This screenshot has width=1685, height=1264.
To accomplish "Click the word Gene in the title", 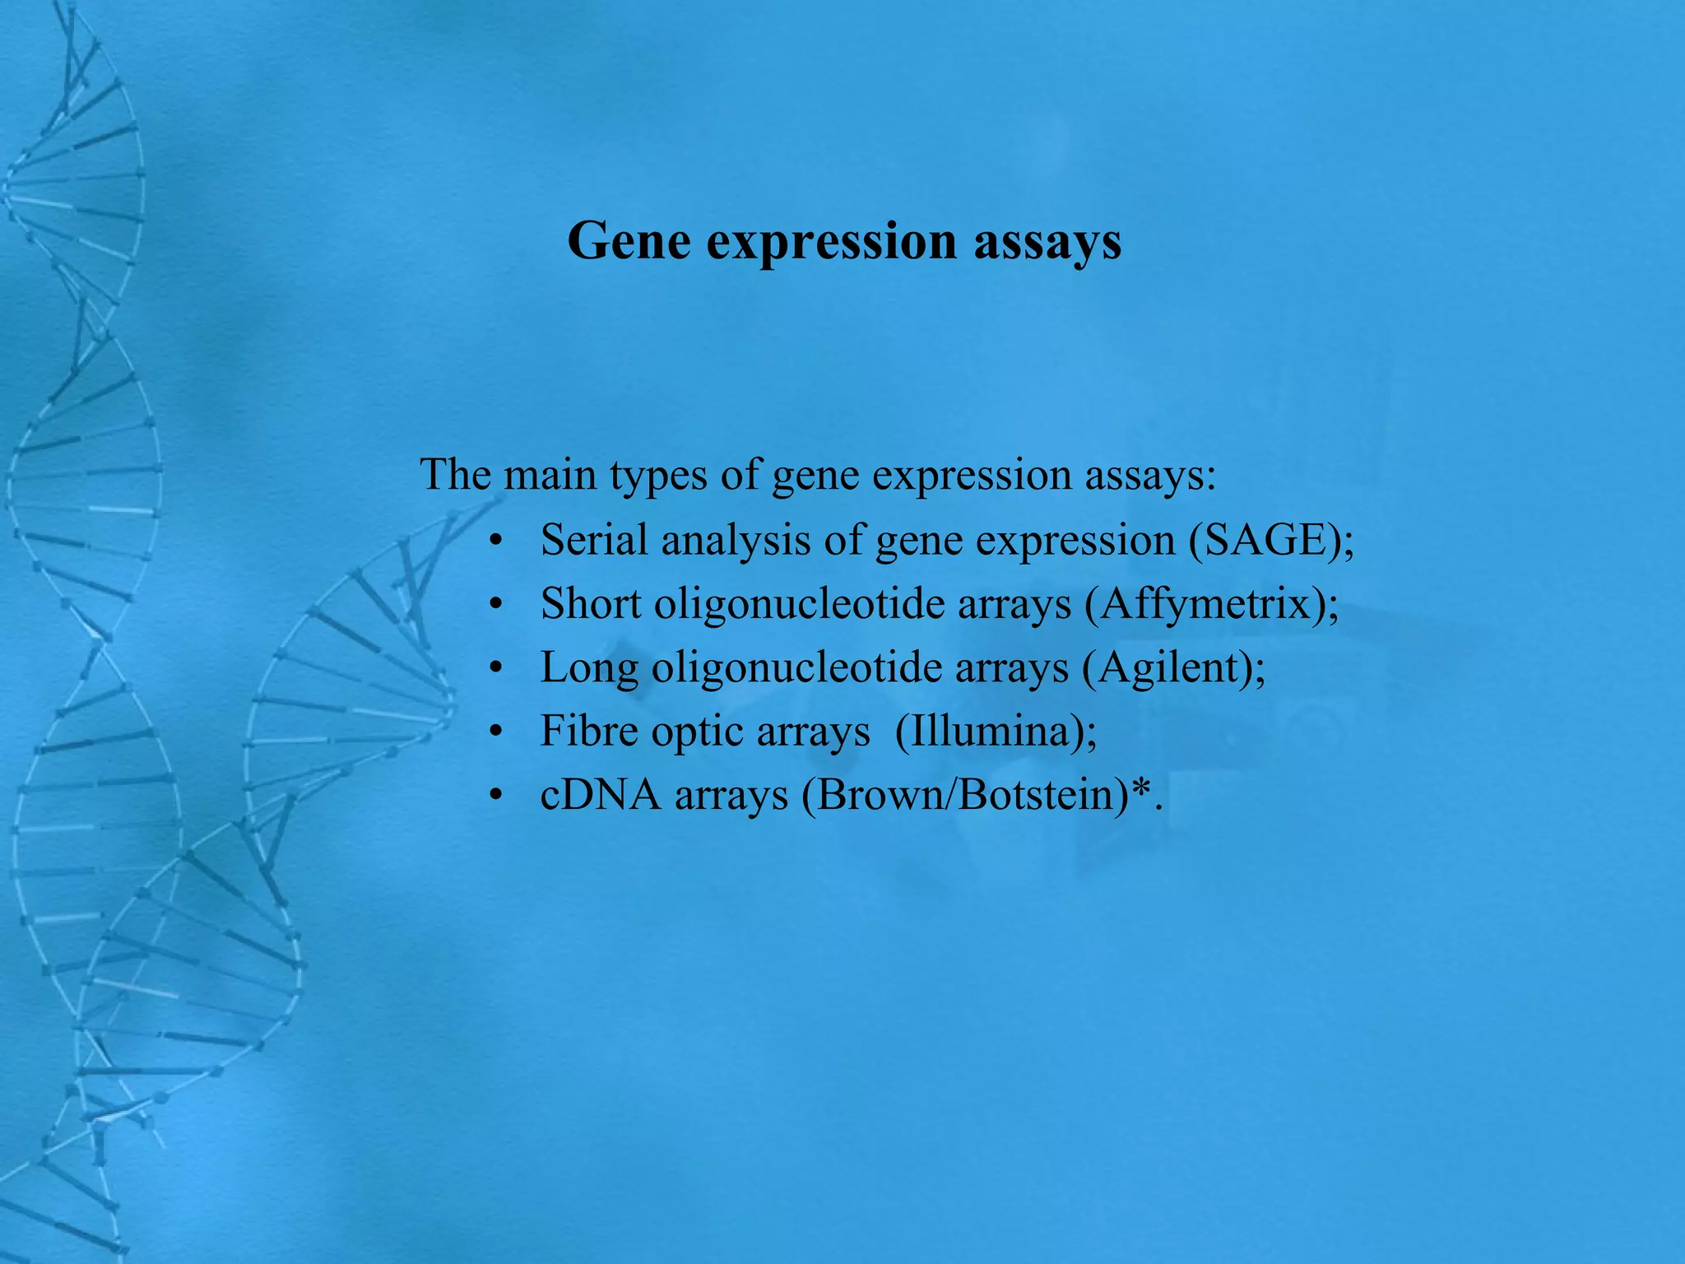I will point(629,242).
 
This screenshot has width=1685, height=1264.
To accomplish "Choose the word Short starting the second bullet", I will point(590,604).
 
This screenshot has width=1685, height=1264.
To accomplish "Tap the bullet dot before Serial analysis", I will point(494,542).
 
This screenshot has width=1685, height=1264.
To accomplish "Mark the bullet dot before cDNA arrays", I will point(494,797).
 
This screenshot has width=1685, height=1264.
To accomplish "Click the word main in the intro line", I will point(550,476).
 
